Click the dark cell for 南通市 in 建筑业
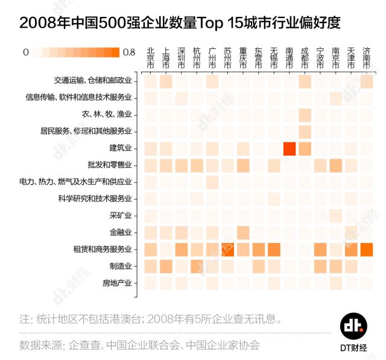[289, 148]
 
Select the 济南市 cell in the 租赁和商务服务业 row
[367, 249]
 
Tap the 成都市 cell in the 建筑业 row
[305, 148]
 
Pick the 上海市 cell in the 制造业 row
[166, 266]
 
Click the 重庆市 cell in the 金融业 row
[243, 232]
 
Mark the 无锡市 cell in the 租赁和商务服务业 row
[274, 249]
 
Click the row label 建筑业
[121, 148]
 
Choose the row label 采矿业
[121, 215]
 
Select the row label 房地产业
[117, 283]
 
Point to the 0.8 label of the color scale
[128, 52]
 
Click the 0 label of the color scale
[25, 52]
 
